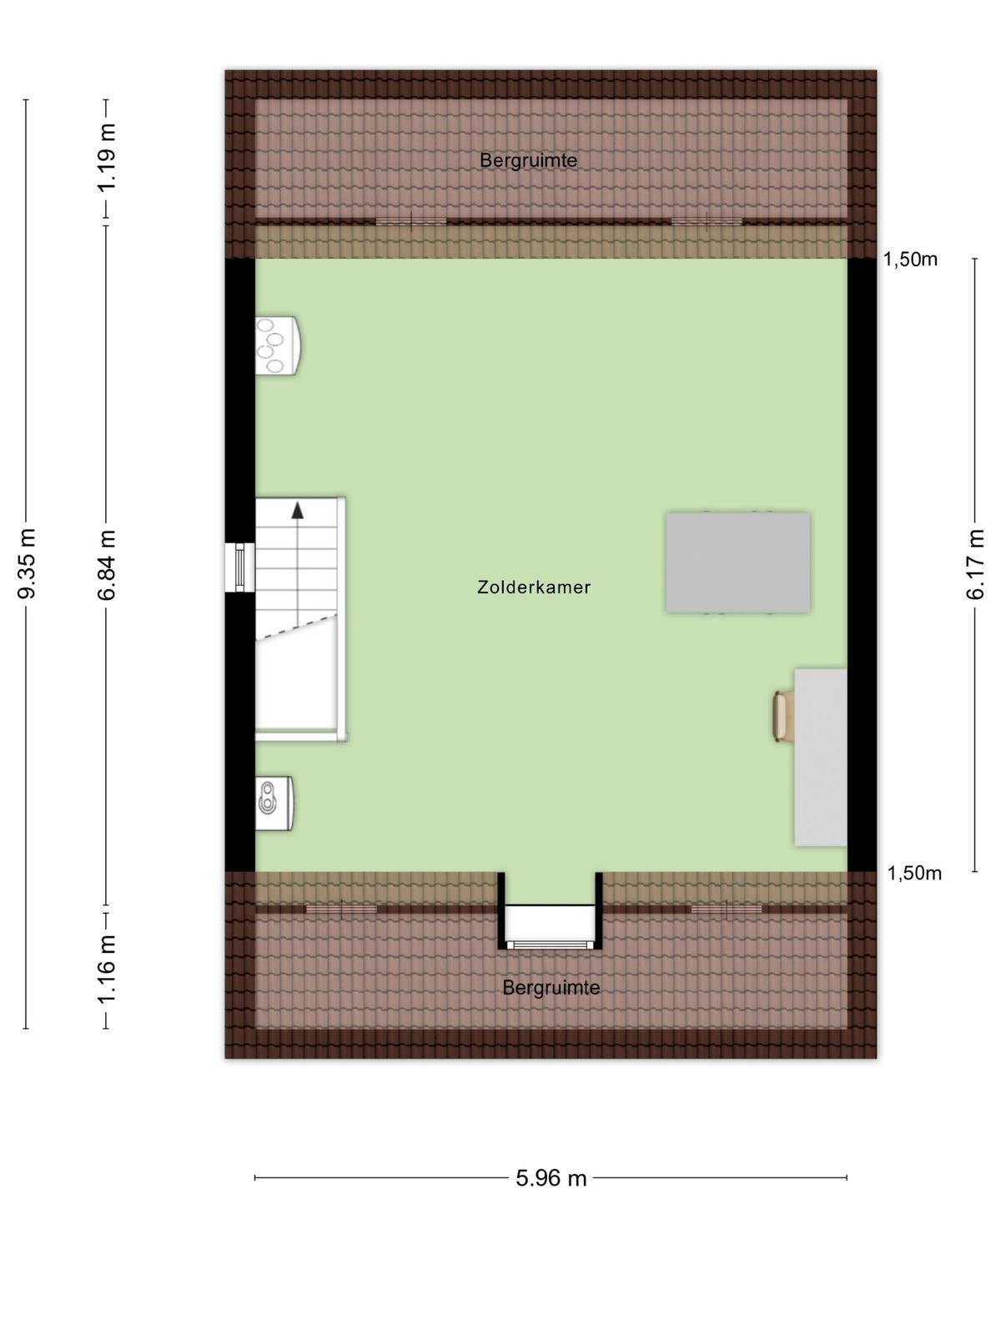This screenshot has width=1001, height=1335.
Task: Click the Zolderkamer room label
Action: pyautogui.click(x=533, y=587)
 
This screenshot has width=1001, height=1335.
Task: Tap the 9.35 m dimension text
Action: pyautogui.click(x=27, y=563)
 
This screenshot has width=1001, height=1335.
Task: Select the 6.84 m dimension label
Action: pyautogui.click(x=107, y=565)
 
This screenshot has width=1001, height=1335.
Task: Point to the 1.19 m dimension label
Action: pyautogui.click(x=107, y=158)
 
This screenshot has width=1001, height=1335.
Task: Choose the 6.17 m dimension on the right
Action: pyautogui.click(x=975, y=564)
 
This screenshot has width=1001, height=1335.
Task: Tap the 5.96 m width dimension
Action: pyautogui.click(x=551, y=1178)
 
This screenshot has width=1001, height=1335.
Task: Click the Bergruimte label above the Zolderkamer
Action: pyautogui.click(x=528, y=160)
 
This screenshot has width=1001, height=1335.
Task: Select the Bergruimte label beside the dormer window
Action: pyautogui.click(x=551, y=987)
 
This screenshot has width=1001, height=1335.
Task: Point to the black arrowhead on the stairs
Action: pyautogui.click(x=297, y=511)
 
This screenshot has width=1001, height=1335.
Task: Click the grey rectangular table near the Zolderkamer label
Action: pyautogui.click(x=738, y=562)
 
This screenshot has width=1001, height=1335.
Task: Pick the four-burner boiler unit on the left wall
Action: pyautogui.click(x=277, y=345)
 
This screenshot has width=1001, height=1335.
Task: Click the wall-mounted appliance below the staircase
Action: pyautogui.click(x=275, y=804)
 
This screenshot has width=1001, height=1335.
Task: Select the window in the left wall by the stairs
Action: pyautogui.click(x=240, y=567)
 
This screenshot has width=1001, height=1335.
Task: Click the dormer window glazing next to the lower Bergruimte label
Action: pyautogui.click(x=550, y=945)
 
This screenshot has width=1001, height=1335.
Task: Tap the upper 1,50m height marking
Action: pyautogui.click(x=910, y=259)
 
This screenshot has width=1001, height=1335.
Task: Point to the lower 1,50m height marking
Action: pyautogui.click(x=914, y=874)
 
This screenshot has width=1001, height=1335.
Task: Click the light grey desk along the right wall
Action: pyautogui.click(x=821, y=758)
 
